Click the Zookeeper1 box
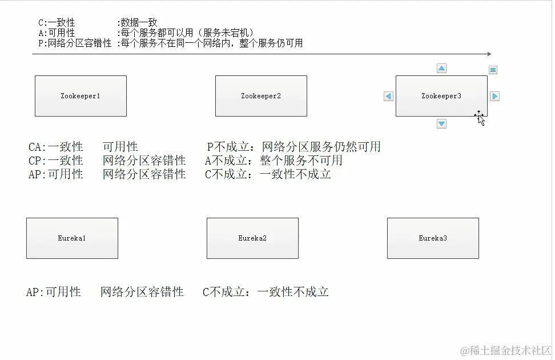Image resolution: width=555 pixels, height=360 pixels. (81, 96)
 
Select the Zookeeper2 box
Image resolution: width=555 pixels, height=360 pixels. (261, 96)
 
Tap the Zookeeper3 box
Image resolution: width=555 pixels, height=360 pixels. (441, 96)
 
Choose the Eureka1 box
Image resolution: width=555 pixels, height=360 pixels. (72, 238)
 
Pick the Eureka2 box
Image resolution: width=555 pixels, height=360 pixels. (252, 238)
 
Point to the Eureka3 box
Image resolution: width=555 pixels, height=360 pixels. (433, 238)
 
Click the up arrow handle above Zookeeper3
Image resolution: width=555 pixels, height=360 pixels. (441, 69)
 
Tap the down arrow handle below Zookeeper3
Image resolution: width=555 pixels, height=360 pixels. (441, 123)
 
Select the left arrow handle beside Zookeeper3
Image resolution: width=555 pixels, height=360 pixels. (389, 97)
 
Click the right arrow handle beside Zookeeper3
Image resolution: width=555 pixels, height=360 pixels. (494, 97)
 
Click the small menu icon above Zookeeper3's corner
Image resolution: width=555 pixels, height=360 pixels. (493, 70)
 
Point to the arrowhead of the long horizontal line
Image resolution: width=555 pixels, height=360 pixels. (488, 54)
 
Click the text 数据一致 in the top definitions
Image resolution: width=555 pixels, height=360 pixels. (138, 23)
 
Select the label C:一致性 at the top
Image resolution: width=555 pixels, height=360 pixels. (57, 23)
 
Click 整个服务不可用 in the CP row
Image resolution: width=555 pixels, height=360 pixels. (301, 161)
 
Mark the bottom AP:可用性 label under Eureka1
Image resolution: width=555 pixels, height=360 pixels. (54, 292)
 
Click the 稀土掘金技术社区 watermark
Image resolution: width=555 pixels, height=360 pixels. (506, 349)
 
